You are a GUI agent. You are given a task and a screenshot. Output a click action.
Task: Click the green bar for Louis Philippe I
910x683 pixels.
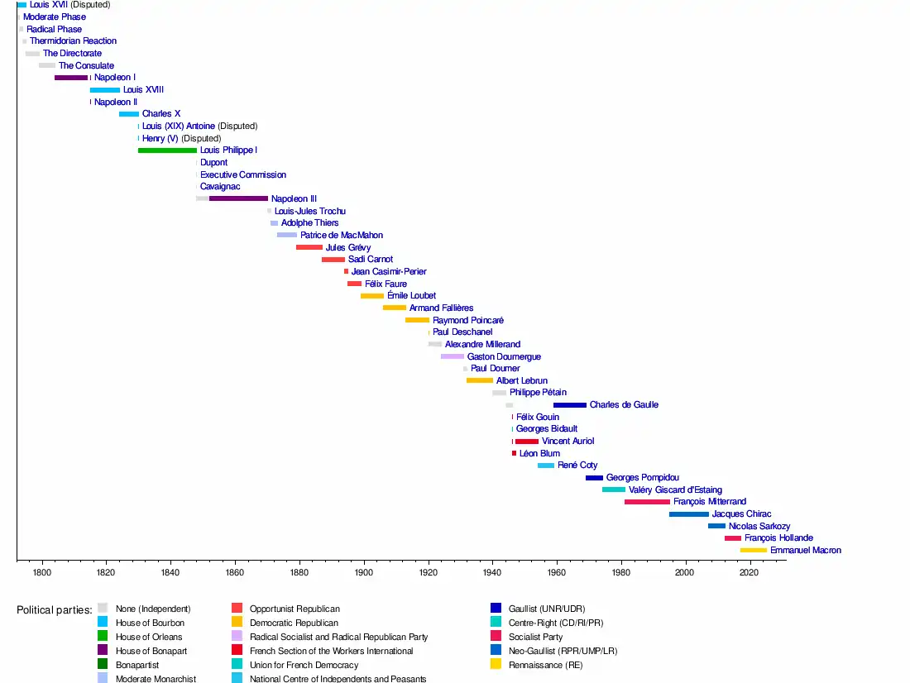[x=167, y=150]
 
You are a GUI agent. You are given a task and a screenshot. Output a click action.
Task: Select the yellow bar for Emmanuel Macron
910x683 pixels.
[x=753, y=550]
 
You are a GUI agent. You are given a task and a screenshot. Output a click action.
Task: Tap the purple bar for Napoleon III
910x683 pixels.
[x=238, y=198]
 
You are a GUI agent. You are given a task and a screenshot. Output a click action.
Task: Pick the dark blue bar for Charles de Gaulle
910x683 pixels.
[x=569, y=405]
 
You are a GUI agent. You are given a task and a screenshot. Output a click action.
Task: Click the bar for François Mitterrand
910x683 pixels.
[x=647, y=502]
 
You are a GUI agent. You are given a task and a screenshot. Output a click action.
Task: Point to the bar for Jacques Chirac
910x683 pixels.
[x=688, y=514]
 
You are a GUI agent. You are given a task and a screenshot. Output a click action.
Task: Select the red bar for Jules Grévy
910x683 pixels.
[x=309, y=247]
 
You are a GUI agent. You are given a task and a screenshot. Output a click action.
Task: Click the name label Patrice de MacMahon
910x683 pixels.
[x=341, y=235]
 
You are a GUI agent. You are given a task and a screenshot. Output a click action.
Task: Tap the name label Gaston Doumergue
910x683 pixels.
[x=504, y=356]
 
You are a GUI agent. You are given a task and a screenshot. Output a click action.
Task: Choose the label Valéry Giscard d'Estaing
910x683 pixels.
[x=675, y=490]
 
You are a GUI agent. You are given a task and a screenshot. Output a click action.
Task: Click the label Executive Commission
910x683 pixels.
[x=243, y=174]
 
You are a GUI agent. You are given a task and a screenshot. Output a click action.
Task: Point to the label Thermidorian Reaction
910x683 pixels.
[x=73, y=41]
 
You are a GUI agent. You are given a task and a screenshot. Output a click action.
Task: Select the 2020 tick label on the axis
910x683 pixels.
[x=750, y=571]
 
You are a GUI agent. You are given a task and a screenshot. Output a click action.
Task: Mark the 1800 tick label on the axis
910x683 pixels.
[x=42, y=571]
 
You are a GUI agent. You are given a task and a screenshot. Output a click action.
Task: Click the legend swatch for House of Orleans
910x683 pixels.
[x=103, y=637]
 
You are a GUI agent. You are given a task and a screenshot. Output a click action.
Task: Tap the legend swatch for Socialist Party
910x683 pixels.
[x=496, y=637]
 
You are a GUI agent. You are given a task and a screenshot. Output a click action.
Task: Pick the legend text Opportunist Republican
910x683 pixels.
[x=295, y=609]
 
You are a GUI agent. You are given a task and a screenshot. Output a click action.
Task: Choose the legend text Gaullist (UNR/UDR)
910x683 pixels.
[x=548, y=609]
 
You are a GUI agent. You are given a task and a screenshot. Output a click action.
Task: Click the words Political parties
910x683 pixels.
[x=54, y=610]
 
